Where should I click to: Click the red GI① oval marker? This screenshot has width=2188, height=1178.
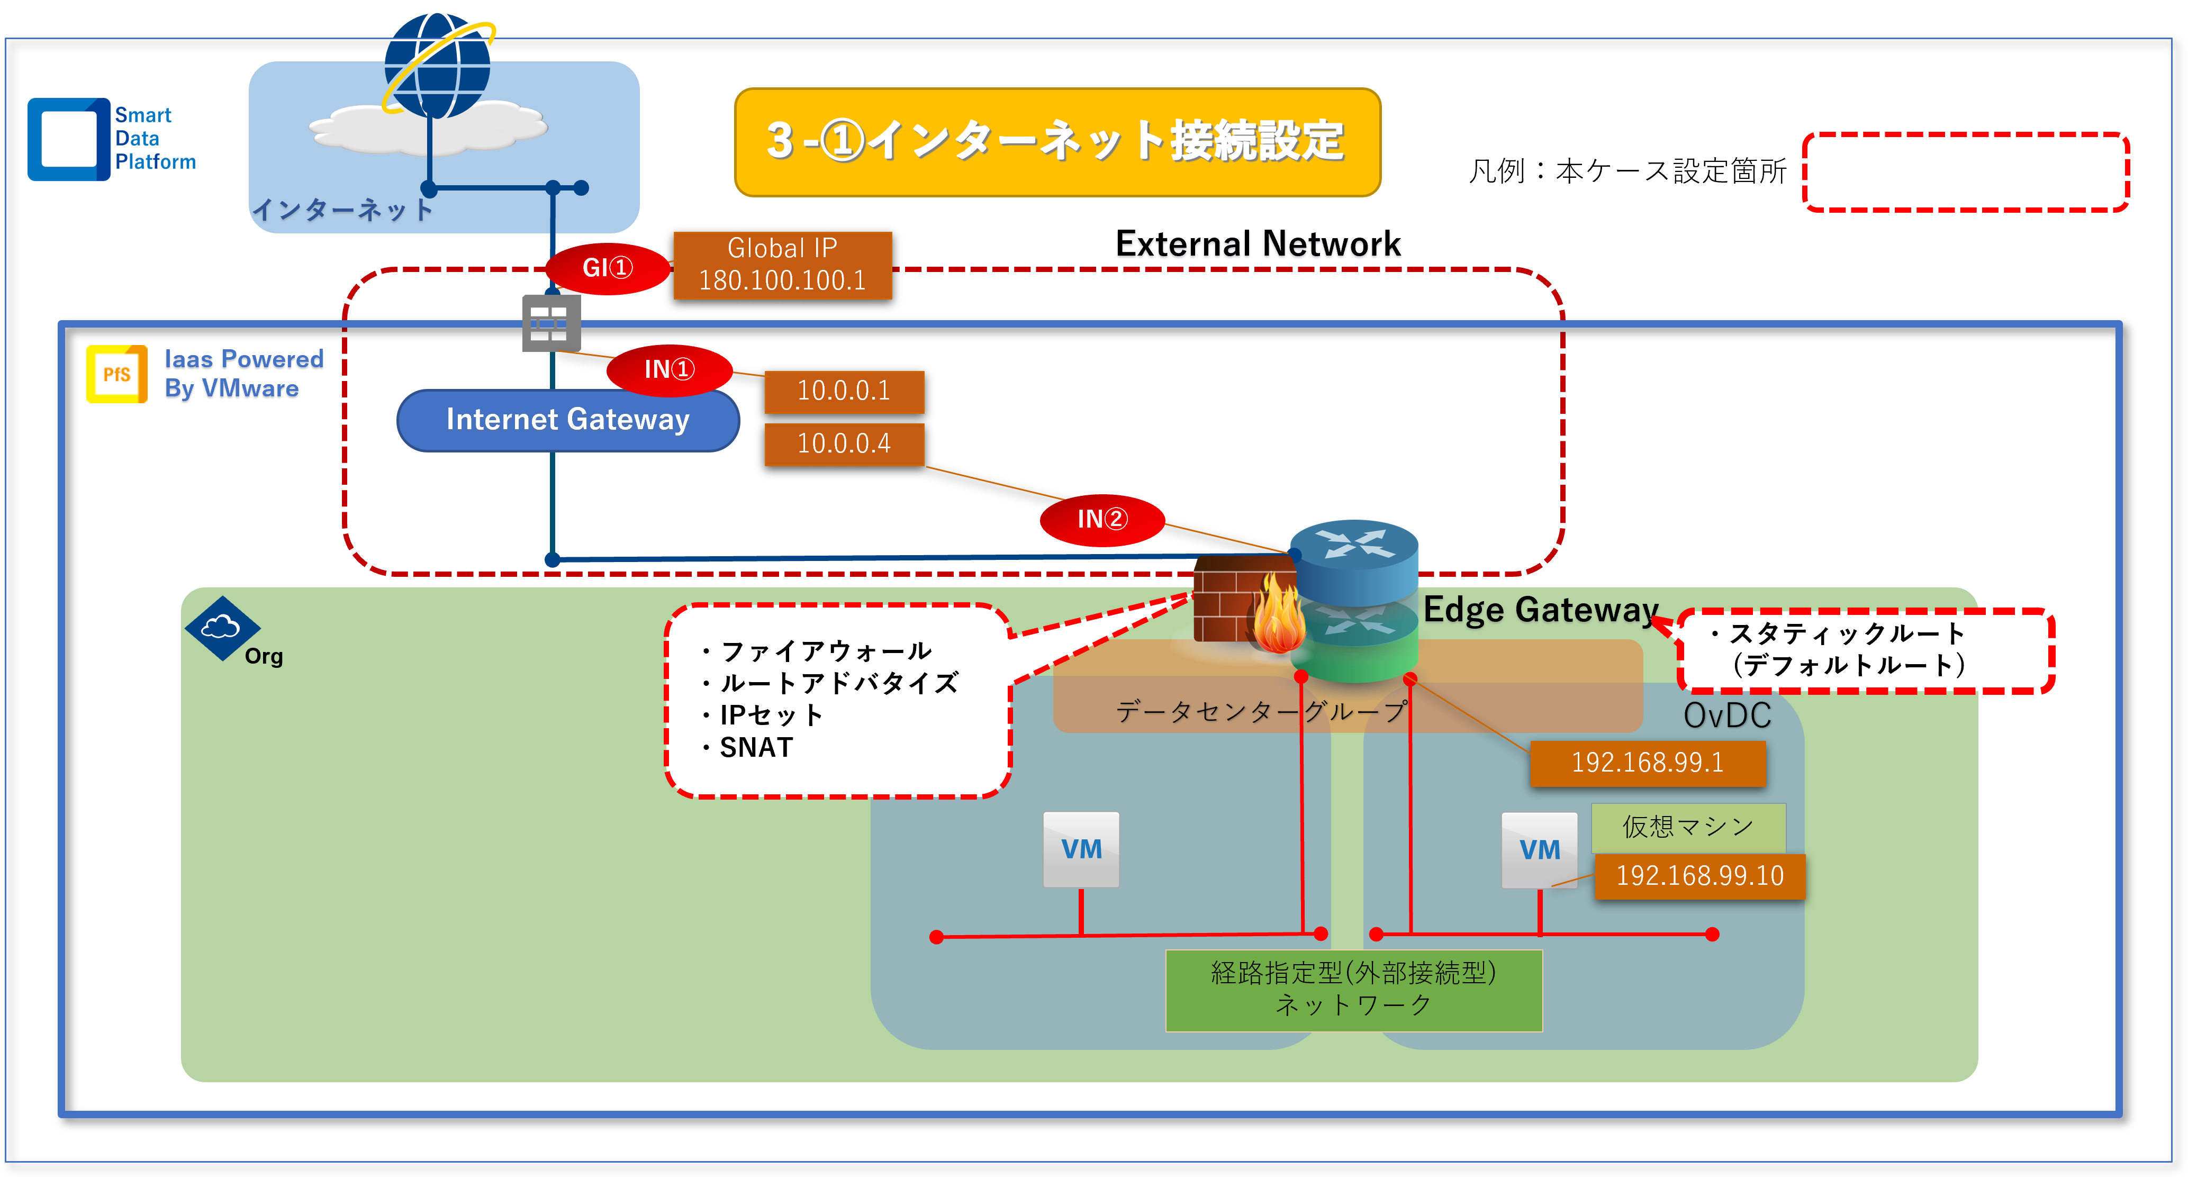[607, 268]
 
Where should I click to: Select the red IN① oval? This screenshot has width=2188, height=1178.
[670, 369]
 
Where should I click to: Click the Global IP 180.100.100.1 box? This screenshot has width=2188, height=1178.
[782, 265]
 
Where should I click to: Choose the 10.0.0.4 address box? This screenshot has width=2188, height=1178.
[844, 443]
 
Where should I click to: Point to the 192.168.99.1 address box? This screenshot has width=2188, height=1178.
[1647, 763]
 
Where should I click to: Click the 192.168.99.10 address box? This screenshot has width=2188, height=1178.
[1699, 876]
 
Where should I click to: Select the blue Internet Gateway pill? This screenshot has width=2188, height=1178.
[567, 420]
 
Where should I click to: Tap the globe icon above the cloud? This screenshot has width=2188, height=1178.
[437, 66]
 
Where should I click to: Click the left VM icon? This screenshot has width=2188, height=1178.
[1080, 849]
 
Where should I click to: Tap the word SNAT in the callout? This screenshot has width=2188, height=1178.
[756, 747]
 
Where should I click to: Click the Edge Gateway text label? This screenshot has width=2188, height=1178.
[1540, 610]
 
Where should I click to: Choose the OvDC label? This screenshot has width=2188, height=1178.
[1727, 715]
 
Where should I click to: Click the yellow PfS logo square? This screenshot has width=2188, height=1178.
[116, 374]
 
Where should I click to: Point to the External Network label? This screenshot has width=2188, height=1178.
[1258, 244]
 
